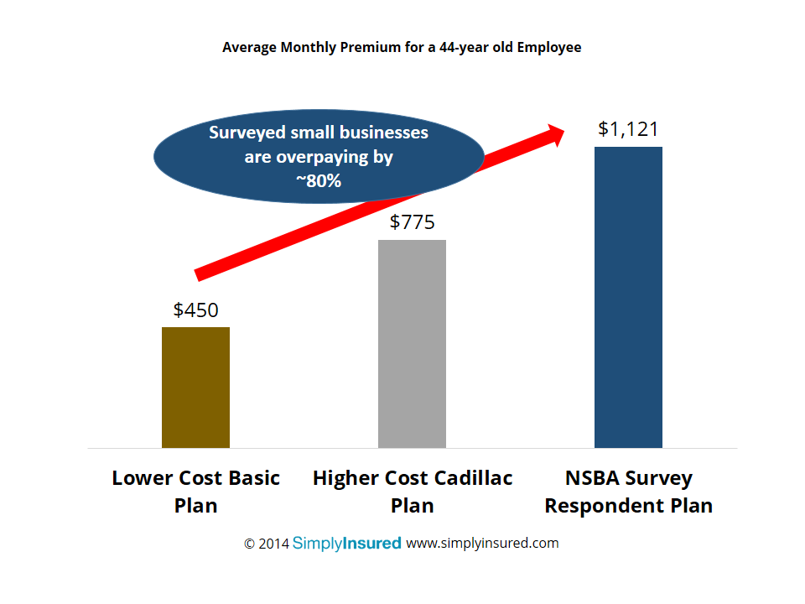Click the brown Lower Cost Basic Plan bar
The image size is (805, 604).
coord(195,387)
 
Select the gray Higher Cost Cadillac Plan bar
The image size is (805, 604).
coord(412,344)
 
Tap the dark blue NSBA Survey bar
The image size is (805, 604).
coord(628,297)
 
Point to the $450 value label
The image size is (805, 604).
coord(195,310)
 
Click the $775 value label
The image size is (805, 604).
coord(413,222)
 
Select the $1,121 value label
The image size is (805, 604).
coord(628,129)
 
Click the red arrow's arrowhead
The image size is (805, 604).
coord(554,134)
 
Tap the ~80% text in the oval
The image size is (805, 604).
coord(318,180)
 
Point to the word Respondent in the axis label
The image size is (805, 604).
coord(613,506)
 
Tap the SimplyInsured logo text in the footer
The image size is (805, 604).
coord(346,543)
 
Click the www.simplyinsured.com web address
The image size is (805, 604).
coord(482,543)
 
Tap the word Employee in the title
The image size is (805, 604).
coord(548,48)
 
